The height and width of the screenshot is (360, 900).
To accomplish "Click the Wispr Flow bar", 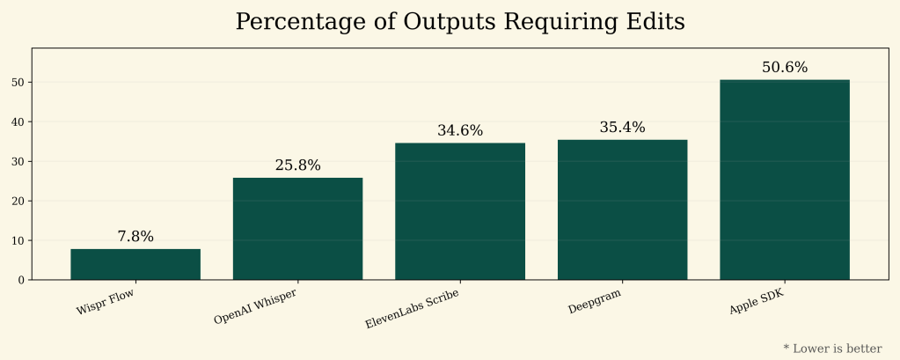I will [135, 264].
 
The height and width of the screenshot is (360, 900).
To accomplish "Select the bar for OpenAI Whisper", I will [297, 229].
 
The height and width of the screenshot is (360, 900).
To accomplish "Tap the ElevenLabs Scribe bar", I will [460, 211].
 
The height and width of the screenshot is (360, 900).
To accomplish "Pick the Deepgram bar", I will [622, 209].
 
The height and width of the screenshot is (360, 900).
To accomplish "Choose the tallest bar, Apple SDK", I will [785, 180].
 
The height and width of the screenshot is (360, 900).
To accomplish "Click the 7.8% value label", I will [135, 237].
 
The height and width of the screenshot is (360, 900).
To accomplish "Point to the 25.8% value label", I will [297, 165].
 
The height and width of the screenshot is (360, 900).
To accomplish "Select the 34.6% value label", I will [460, 131].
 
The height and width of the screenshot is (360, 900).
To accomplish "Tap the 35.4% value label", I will [622, 128].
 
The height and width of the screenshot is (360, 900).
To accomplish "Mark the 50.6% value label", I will [785, 68].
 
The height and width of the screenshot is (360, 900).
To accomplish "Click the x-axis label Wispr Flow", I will [105, 299].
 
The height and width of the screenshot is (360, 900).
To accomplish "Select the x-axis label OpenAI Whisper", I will [255, 305].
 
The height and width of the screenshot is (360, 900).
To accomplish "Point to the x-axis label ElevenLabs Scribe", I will [413, 308].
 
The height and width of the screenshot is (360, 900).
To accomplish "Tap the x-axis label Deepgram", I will [595, 300].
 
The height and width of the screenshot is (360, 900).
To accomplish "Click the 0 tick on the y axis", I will [21, 280].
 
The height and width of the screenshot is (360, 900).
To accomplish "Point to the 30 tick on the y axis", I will [18, 161].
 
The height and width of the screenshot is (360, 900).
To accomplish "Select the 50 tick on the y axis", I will [18, 83].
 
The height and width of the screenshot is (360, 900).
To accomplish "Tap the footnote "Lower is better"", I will [837, 349].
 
